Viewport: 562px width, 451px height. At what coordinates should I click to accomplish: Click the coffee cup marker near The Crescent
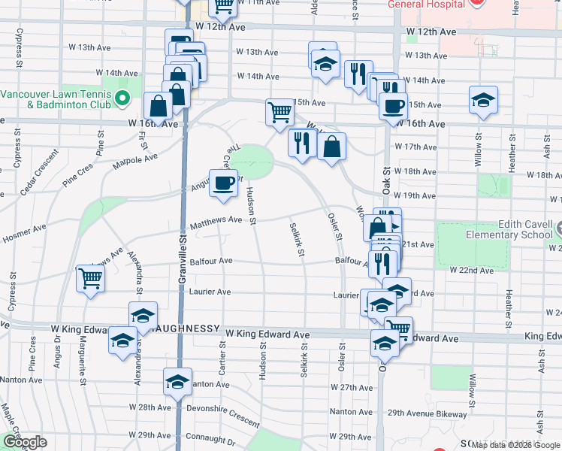tap(222, 183)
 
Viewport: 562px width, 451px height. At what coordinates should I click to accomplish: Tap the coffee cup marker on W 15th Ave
tap(392, 106)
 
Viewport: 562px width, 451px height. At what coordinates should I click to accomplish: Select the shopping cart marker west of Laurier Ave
tap(90, 279)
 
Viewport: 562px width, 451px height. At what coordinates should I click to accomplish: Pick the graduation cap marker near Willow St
tap(483, 100)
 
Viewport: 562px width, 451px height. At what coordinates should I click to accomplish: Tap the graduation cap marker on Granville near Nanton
tap(177, 382)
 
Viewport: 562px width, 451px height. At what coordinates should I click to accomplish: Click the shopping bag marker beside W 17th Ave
tap(331, 146)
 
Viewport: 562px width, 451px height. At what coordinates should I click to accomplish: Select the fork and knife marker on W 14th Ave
tap(358, 74)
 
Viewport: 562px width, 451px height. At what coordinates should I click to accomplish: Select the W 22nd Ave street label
tap(471, 269)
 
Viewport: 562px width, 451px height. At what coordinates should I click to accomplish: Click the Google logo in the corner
tap(25, 442)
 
